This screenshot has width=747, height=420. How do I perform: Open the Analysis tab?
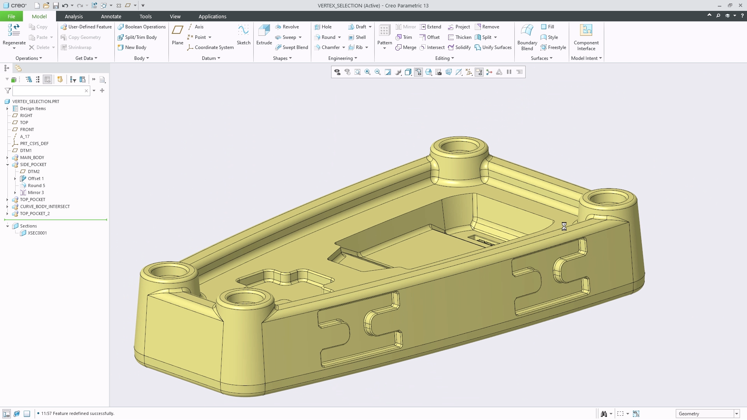point(74,16)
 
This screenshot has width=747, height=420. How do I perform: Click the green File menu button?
point(11,16)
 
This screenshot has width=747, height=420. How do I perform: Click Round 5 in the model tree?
point(36,185)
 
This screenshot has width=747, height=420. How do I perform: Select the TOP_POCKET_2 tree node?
point(35,213)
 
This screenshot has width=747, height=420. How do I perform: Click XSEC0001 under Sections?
point(37,233)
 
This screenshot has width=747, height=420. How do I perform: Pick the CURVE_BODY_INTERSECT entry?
point(45,206)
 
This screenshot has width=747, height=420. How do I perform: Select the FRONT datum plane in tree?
point(27,129)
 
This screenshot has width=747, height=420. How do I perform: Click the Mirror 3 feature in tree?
point(35,192)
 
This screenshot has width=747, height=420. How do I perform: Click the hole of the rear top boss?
point(459,147)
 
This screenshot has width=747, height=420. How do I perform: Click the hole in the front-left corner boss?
point(168,270)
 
